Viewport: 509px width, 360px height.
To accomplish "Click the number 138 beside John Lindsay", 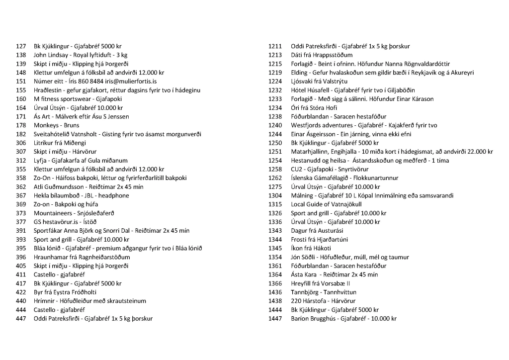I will tap(21, 55).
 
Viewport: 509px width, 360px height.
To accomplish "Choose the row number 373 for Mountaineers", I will tap(21, 213).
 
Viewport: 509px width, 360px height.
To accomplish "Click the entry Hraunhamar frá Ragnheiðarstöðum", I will tap(82, 257).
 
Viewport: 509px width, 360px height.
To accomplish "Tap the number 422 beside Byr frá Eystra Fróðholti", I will tap(21, 292).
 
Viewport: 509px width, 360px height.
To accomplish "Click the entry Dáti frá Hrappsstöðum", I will tap(322, 55).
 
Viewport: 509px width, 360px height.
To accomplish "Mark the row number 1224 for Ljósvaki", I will tap(275, 82).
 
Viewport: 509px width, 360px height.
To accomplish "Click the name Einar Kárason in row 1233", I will tap(416, 99).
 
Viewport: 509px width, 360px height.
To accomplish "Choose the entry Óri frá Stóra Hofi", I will tap(314, 108).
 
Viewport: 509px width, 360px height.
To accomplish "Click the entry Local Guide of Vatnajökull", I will tap(326, 204).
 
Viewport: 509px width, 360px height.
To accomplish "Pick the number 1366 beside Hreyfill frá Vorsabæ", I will tap(275, 283).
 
